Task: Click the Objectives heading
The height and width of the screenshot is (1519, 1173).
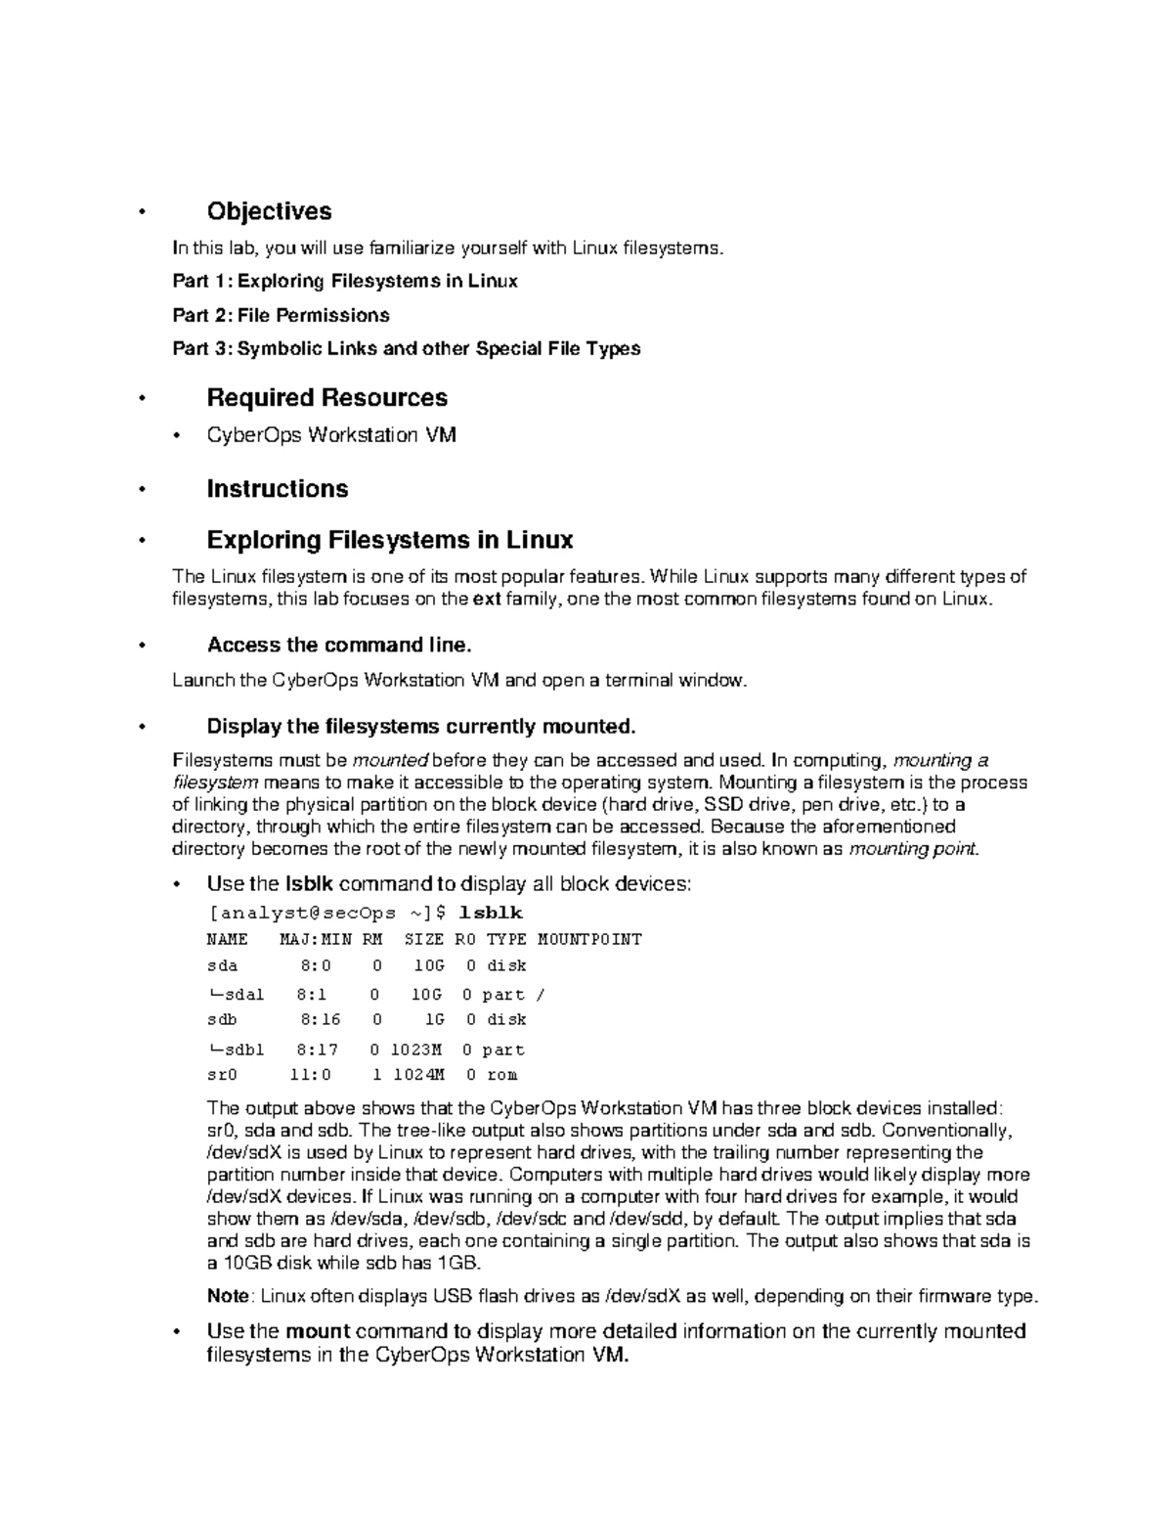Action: click(x=269, y=211)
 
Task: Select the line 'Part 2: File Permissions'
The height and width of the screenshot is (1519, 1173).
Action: click(x=281, y=315)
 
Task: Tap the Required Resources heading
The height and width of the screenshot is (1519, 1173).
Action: click(x=326, y=397)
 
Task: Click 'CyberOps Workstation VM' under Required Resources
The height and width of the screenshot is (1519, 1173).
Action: click(x=331, y=435)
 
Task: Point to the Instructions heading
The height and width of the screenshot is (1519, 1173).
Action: click(x=277, y=488)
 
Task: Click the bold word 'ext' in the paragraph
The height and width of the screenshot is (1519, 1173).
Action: click(x=486, y=599)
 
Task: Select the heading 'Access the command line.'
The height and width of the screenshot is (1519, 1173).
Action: click(x=339, y=645)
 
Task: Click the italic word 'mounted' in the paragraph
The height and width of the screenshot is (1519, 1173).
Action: click(x=390, y=760)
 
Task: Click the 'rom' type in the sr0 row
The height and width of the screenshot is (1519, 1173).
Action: click(x=501, y=1074)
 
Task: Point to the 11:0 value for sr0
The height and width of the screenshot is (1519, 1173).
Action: click(x=311, y=1074)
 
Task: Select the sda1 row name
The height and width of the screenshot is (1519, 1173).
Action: click(x=239, y=995)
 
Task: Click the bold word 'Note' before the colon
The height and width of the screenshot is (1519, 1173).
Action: click(x=228, y=1296)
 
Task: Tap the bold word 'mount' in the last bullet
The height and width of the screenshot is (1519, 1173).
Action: click(x=318, y=1331)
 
